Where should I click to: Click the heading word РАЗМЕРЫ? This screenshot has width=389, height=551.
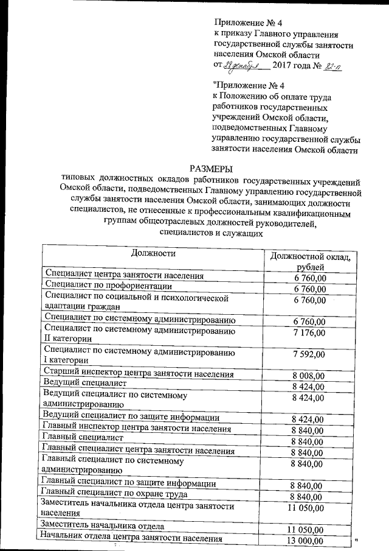[x=211, y=168]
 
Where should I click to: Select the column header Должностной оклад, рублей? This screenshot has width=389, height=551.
[x=311, y=262]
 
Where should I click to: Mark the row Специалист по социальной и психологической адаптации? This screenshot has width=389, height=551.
[x=137, y=303]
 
